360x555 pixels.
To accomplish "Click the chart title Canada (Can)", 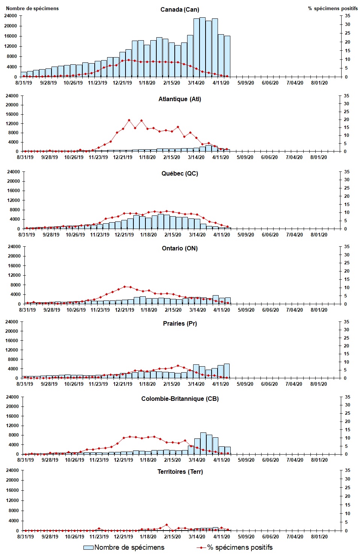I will (180, 9).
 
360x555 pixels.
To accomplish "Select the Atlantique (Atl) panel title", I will (180, 99).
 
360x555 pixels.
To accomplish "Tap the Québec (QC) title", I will (180, 173).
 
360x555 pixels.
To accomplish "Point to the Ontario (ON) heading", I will (180, 248).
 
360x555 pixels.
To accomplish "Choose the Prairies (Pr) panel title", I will (180, 323).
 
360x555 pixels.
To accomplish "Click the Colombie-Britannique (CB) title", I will (180, 399).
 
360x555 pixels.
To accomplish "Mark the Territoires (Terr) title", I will (180, 472).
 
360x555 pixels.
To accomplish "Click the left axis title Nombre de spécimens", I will (32, 8).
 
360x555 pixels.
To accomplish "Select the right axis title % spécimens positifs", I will (333, 8).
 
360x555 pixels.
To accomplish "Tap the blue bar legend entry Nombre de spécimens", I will (124, 547).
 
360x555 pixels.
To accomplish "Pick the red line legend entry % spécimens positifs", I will (235, 547).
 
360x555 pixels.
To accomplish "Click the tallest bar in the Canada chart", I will (202, 47).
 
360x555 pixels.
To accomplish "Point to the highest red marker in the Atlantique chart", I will (129, 120).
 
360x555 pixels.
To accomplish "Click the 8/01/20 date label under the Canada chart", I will (319, 83).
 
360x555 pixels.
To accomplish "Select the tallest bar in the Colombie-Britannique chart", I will (203, 443).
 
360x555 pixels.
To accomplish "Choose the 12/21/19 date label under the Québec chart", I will (124, 235).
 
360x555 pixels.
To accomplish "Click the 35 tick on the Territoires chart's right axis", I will (348, 470).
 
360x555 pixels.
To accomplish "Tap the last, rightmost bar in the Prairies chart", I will (227, 371).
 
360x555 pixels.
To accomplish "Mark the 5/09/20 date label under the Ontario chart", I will (246, 310).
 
